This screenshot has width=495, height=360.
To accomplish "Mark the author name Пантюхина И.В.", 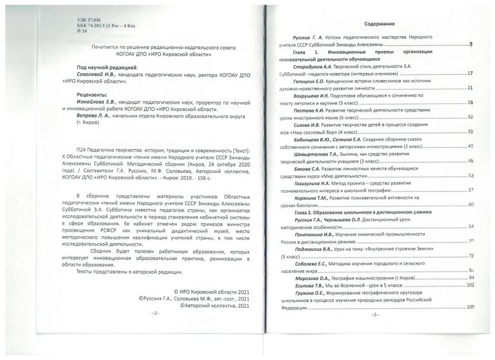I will click(318, 234).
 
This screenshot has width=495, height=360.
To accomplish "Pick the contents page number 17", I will click(471, 74).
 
